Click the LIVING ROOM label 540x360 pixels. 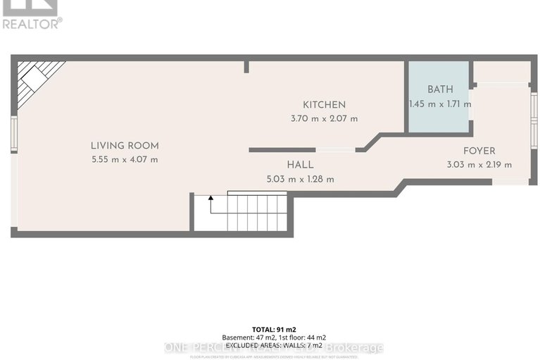[125, 146]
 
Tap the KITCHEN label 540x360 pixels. [324, 105]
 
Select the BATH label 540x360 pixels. [440, 89]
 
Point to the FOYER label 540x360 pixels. [479, 151]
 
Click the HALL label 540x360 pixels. [300, 165]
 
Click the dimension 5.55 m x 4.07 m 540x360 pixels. [125, 160]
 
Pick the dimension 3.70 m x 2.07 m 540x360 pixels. [324, 118]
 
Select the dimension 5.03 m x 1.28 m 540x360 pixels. [300, 179]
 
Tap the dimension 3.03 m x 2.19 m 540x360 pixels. [479, 165]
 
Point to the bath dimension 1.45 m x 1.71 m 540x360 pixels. [440, 104]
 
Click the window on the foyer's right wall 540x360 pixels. [534, 113]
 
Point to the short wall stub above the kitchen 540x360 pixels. [246, 67]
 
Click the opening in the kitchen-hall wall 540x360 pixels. [335, 150]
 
